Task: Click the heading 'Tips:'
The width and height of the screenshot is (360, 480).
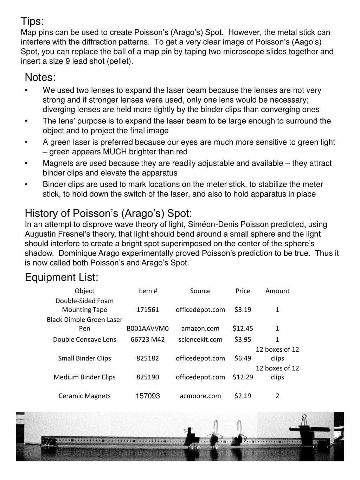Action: point(32,21)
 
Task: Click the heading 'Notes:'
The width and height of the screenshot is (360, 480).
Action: point(40,77)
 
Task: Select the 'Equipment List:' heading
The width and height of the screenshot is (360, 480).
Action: point(62,277)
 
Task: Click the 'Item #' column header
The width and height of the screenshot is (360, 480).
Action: point(147,291)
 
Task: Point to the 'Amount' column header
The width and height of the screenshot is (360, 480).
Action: point(277,291)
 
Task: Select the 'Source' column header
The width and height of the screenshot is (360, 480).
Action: point(200,291)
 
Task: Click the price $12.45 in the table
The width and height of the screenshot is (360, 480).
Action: point(243,328)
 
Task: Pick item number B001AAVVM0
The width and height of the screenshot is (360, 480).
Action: point(148,328)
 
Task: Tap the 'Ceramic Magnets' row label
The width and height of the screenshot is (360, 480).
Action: point(84,396)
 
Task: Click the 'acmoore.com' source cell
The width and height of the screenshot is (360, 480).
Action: point(200,396)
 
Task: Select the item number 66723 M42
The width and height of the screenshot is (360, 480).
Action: point(148,339)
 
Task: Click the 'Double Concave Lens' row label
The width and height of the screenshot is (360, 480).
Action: point(84,339)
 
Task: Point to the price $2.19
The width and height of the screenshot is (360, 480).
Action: point(243,396)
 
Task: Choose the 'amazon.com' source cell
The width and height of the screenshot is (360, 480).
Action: point(200,328)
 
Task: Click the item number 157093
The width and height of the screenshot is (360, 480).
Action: point(148,396)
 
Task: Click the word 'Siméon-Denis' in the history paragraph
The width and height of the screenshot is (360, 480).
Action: point(211,224)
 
